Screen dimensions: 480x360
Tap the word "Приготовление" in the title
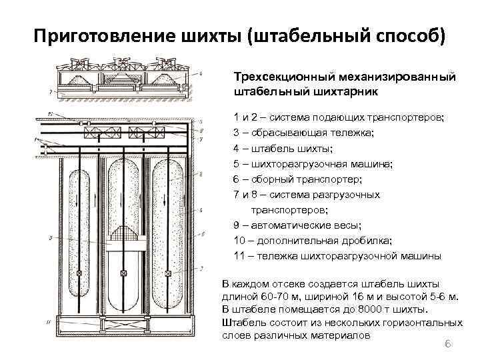tap(96, 35)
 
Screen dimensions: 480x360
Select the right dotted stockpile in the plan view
tap(168, 227)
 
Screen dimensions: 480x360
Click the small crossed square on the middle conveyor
tap(124, 273)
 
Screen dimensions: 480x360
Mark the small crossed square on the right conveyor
tap(169, 273)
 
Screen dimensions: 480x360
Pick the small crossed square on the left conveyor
tap(79, 273)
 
